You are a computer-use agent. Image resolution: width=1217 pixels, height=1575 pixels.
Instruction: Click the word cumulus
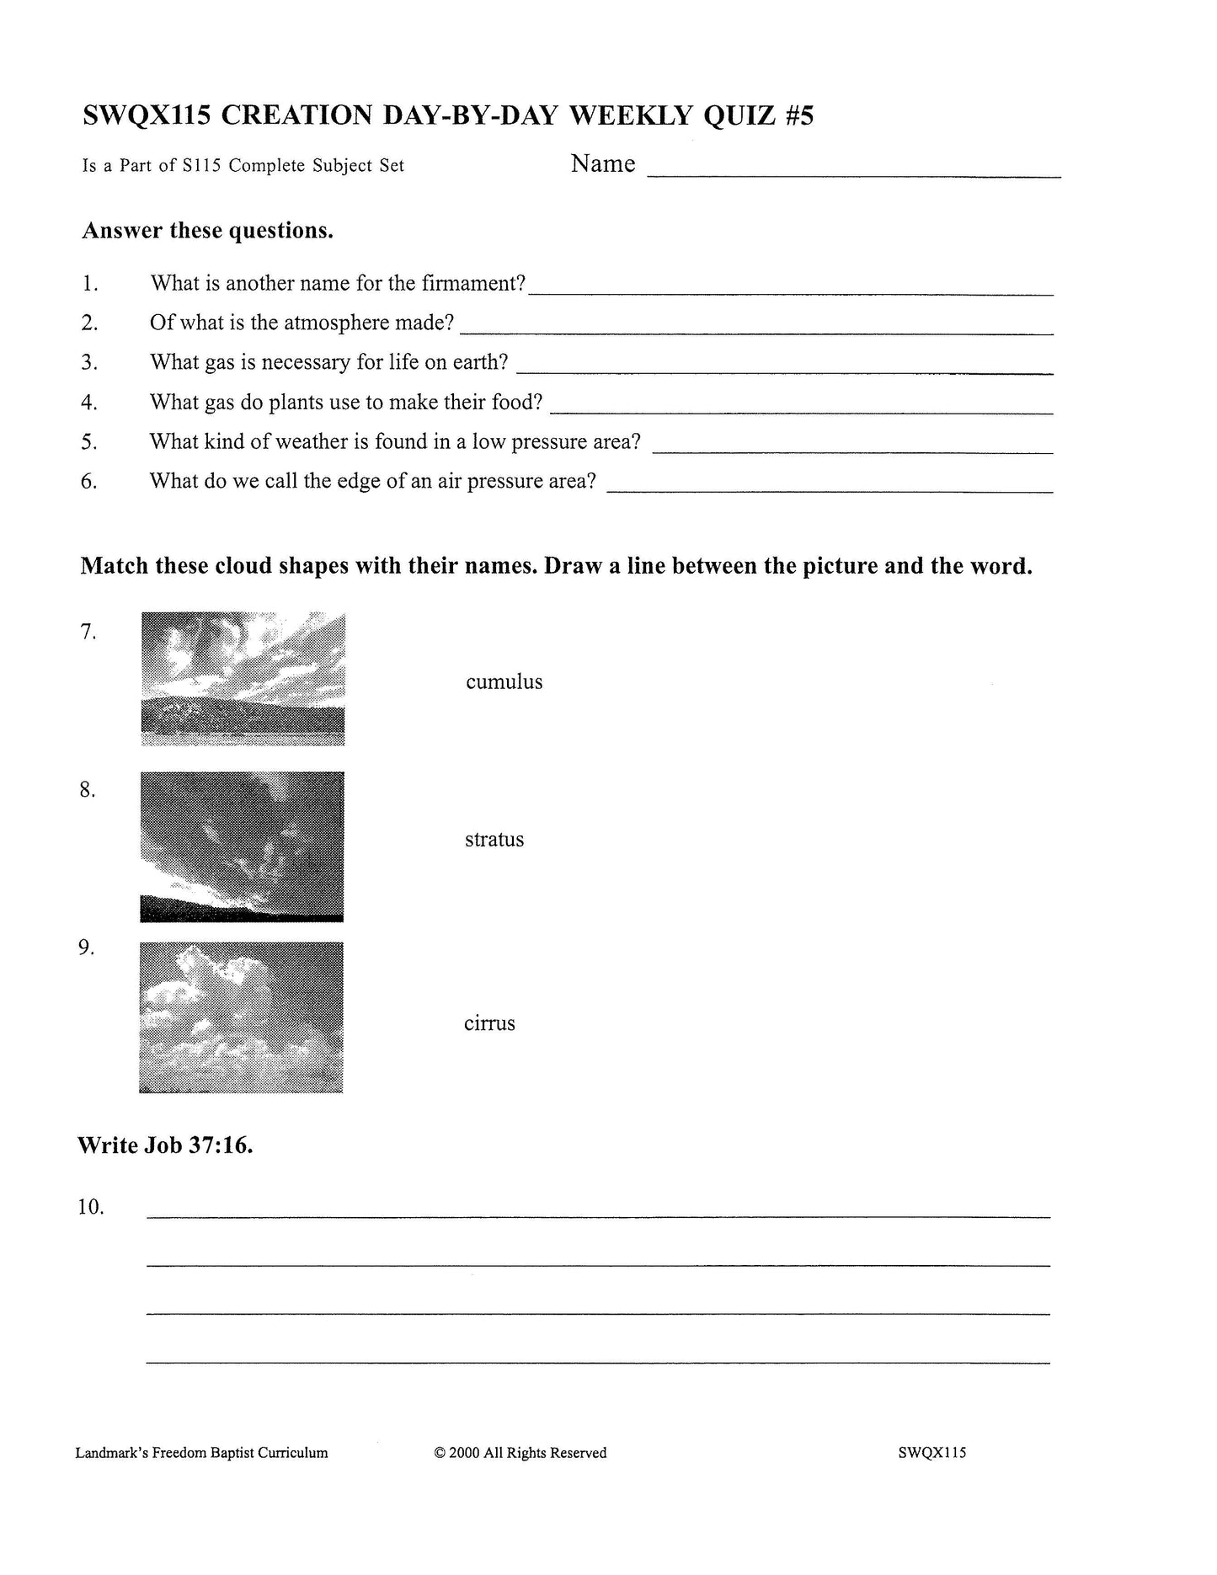coord(504,681)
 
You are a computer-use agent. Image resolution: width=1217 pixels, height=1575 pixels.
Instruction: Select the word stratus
coord(494,840)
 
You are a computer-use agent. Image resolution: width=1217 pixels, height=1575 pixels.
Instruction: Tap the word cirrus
coord(488,1023)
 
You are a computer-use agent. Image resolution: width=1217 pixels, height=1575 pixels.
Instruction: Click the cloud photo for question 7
coord(243,679)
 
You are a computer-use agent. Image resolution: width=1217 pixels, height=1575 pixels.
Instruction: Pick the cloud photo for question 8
coord(242,846)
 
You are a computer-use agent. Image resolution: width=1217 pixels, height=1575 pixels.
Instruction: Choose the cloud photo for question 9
coord(241,1017)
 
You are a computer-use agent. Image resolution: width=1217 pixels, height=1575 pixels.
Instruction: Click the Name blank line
coord(852,174)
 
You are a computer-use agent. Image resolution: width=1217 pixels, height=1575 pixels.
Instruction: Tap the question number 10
coord(90,1207)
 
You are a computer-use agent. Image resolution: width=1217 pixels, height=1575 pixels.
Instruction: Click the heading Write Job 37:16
coord(165,1145)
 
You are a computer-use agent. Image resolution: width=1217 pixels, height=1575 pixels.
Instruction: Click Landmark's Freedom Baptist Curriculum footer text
coord(201,1452)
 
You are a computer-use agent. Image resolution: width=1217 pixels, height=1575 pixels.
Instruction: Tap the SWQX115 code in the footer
coord(931,1452)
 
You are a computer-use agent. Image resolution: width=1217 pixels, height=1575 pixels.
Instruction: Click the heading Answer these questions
coord(207,230)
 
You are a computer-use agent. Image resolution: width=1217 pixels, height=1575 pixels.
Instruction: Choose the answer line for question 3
coord(783,371)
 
